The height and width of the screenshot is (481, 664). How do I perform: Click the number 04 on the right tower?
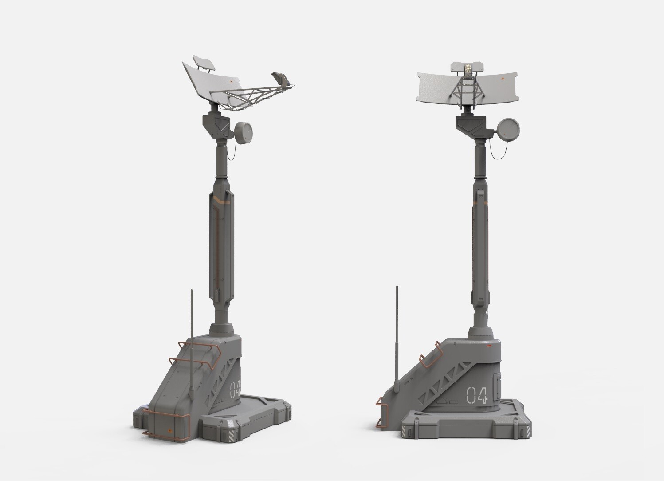[477, 394]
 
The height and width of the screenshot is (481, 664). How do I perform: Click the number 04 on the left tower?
[235, 390]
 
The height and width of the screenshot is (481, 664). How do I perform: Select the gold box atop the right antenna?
[468, 68]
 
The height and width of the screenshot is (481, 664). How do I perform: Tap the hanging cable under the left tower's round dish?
[232, 151]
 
